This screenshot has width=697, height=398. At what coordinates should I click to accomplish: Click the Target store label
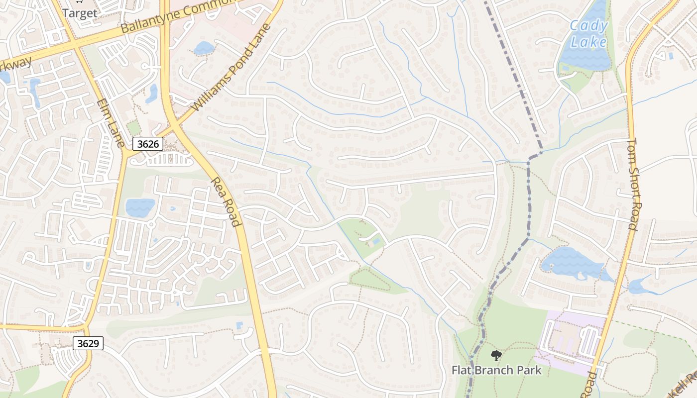(80, 13)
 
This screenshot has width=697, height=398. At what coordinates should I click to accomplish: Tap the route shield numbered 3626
(148, 144)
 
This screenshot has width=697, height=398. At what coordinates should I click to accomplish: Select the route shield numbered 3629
(88, 343)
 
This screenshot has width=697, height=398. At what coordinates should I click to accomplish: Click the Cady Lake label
(588, 34)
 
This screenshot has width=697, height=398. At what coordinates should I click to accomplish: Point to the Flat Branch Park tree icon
(496, 355)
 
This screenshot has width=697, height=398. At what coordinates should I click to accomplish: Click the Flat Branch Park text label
(496, 370)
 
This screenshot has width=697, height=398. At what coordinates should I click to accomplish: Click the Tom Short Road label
(632, 184)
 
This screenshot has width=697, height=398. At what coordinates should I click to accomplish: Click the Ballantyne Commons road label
(179, 17)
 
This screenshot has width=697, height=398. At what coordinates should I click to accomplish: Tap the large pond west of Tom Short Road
(573, 262)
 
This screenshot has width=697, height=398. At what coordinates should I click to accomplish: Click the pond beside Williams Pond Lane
(204, 48)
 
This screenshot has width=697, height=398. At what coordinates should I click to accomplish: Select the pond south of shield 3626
(140, 207)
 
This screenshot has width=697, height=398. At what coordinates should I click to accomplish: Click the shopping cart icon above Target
(79, 2)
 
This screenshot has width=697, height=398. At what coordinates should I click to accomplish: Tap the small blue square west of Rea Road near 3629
(239, 325)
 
